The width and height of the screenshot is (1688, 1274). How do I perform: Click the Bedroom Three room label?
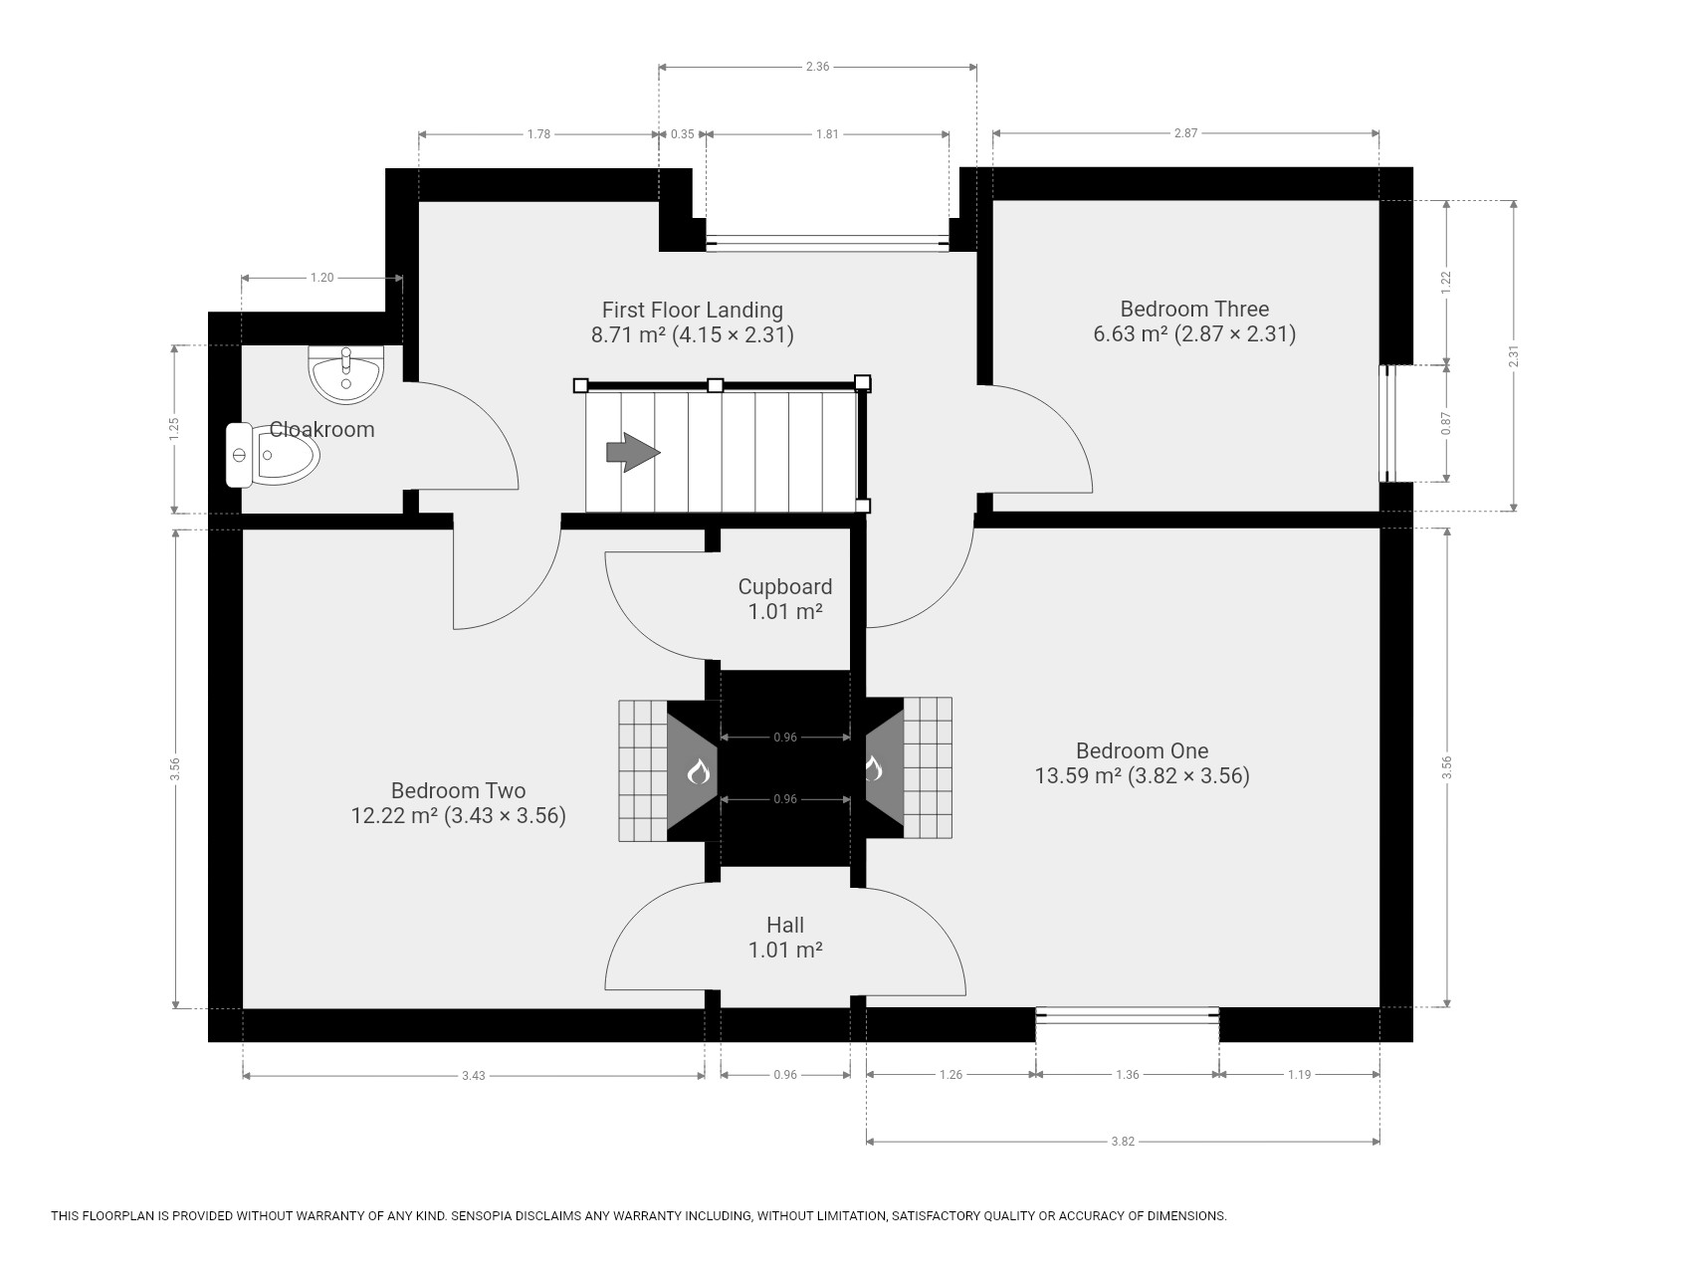click(1194, 309)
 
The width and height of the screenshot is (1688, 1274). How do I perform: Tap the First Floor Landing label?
click(693, 310)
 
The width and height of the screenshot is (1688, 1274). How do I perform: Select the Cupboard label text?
click(785, 587)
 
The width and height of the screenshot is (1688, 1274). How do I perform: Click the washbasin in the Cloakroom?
click(345, 374)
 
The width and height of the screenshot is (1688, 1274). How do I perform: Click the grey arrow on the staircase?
click(633, 452)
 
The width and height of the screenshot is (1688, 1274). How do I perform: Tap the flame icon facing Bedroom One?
click(873, 768)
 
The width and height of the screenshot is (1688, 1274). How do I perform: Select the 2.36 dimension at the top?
click(817, 67)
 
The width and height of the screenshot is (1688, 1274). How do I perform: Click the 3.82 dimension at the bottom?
click(1123, 1142)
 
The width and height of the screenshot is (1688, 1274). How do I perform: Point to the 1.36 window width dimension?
click(1128, 1075)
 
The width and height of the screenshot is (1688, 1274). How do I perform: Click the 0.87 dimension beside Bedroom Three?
click(1447, 424)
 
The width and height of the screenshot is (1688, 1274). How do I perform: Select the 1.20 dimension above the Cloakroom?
click(321, 278)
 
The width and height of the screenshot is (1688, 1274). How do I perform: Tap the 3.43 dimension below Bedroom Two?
click(474, 1076)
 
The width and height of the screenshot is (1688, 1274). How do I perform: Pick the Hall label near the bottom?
click(785, 925)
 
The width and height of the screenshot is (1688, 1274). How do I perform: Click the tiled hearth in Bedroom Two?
click(643, 770)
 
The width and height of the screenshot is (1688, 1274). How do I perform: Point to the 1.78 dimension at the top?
click(538, 134)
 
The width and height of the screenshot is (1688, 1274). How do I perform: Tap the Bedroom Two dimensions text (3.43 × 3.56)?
click(505, 816)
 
